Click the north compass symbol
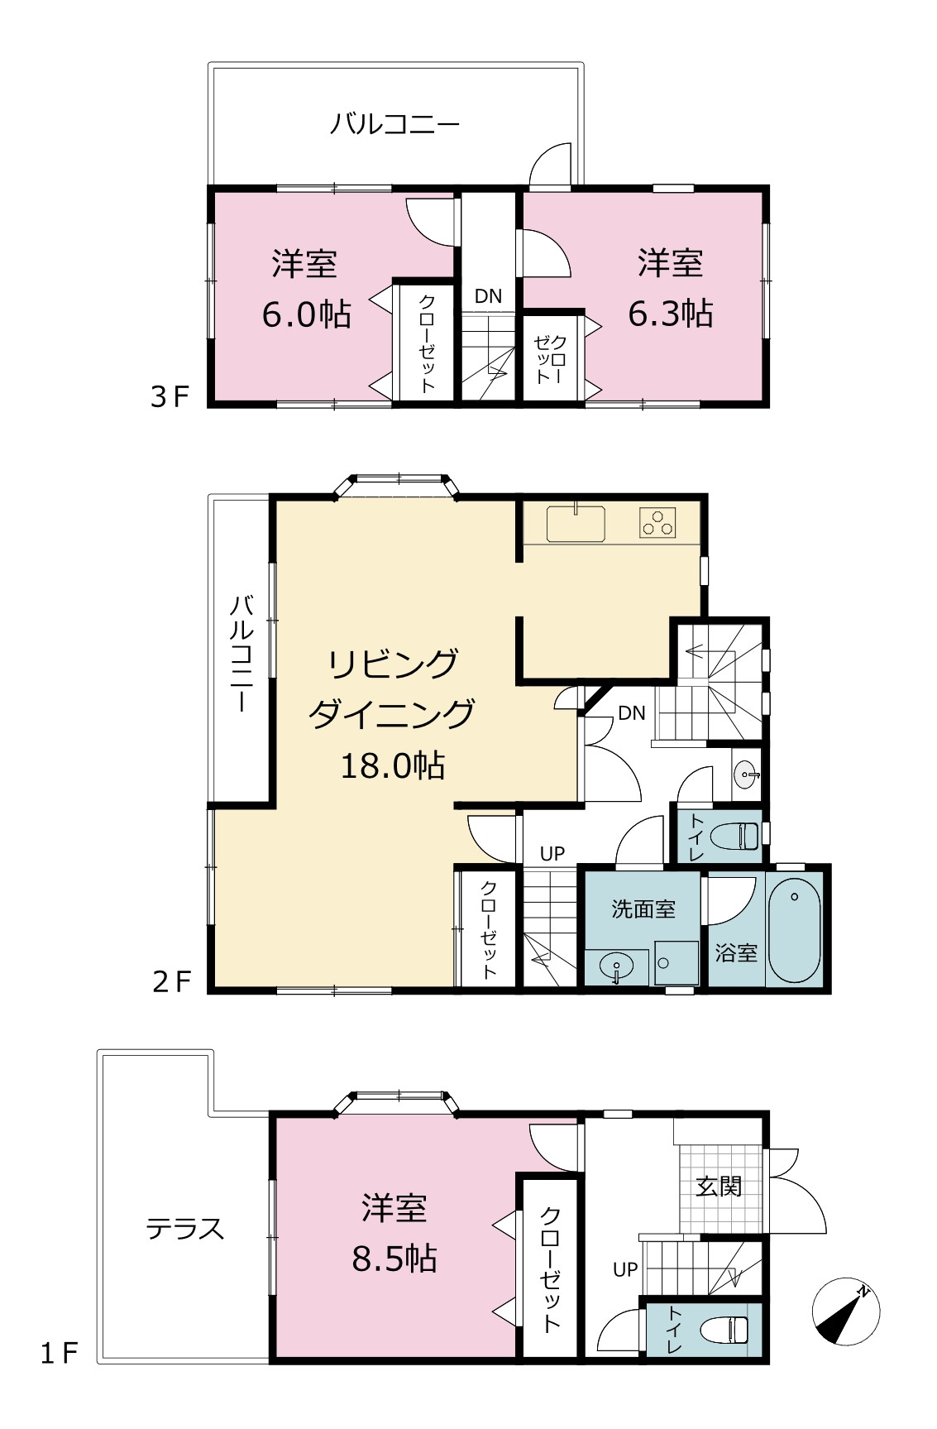coord(845,1313)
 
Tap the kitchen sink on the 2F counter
coord(575,524)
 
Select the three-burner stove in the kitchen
coord(657,523)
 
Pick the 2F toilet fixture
coord(735,836)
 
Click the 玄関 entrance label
coord(719,1186)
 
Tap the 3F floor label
coord(170,397)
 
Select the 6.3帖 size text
coord(671,314)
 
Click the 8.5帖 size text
coord(394,1259)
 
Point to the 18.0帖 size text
coord(393,765)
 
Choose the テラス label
coord(185,1229)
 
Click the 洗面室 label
coord(643,909)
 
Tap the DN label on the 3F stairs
coord(488,295)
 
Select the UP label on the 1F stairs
coord(625,1268)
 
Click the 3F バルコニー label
coord(394,125)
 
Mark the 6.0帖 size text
coord(306,314)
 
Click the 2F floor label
coord(172,981)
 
